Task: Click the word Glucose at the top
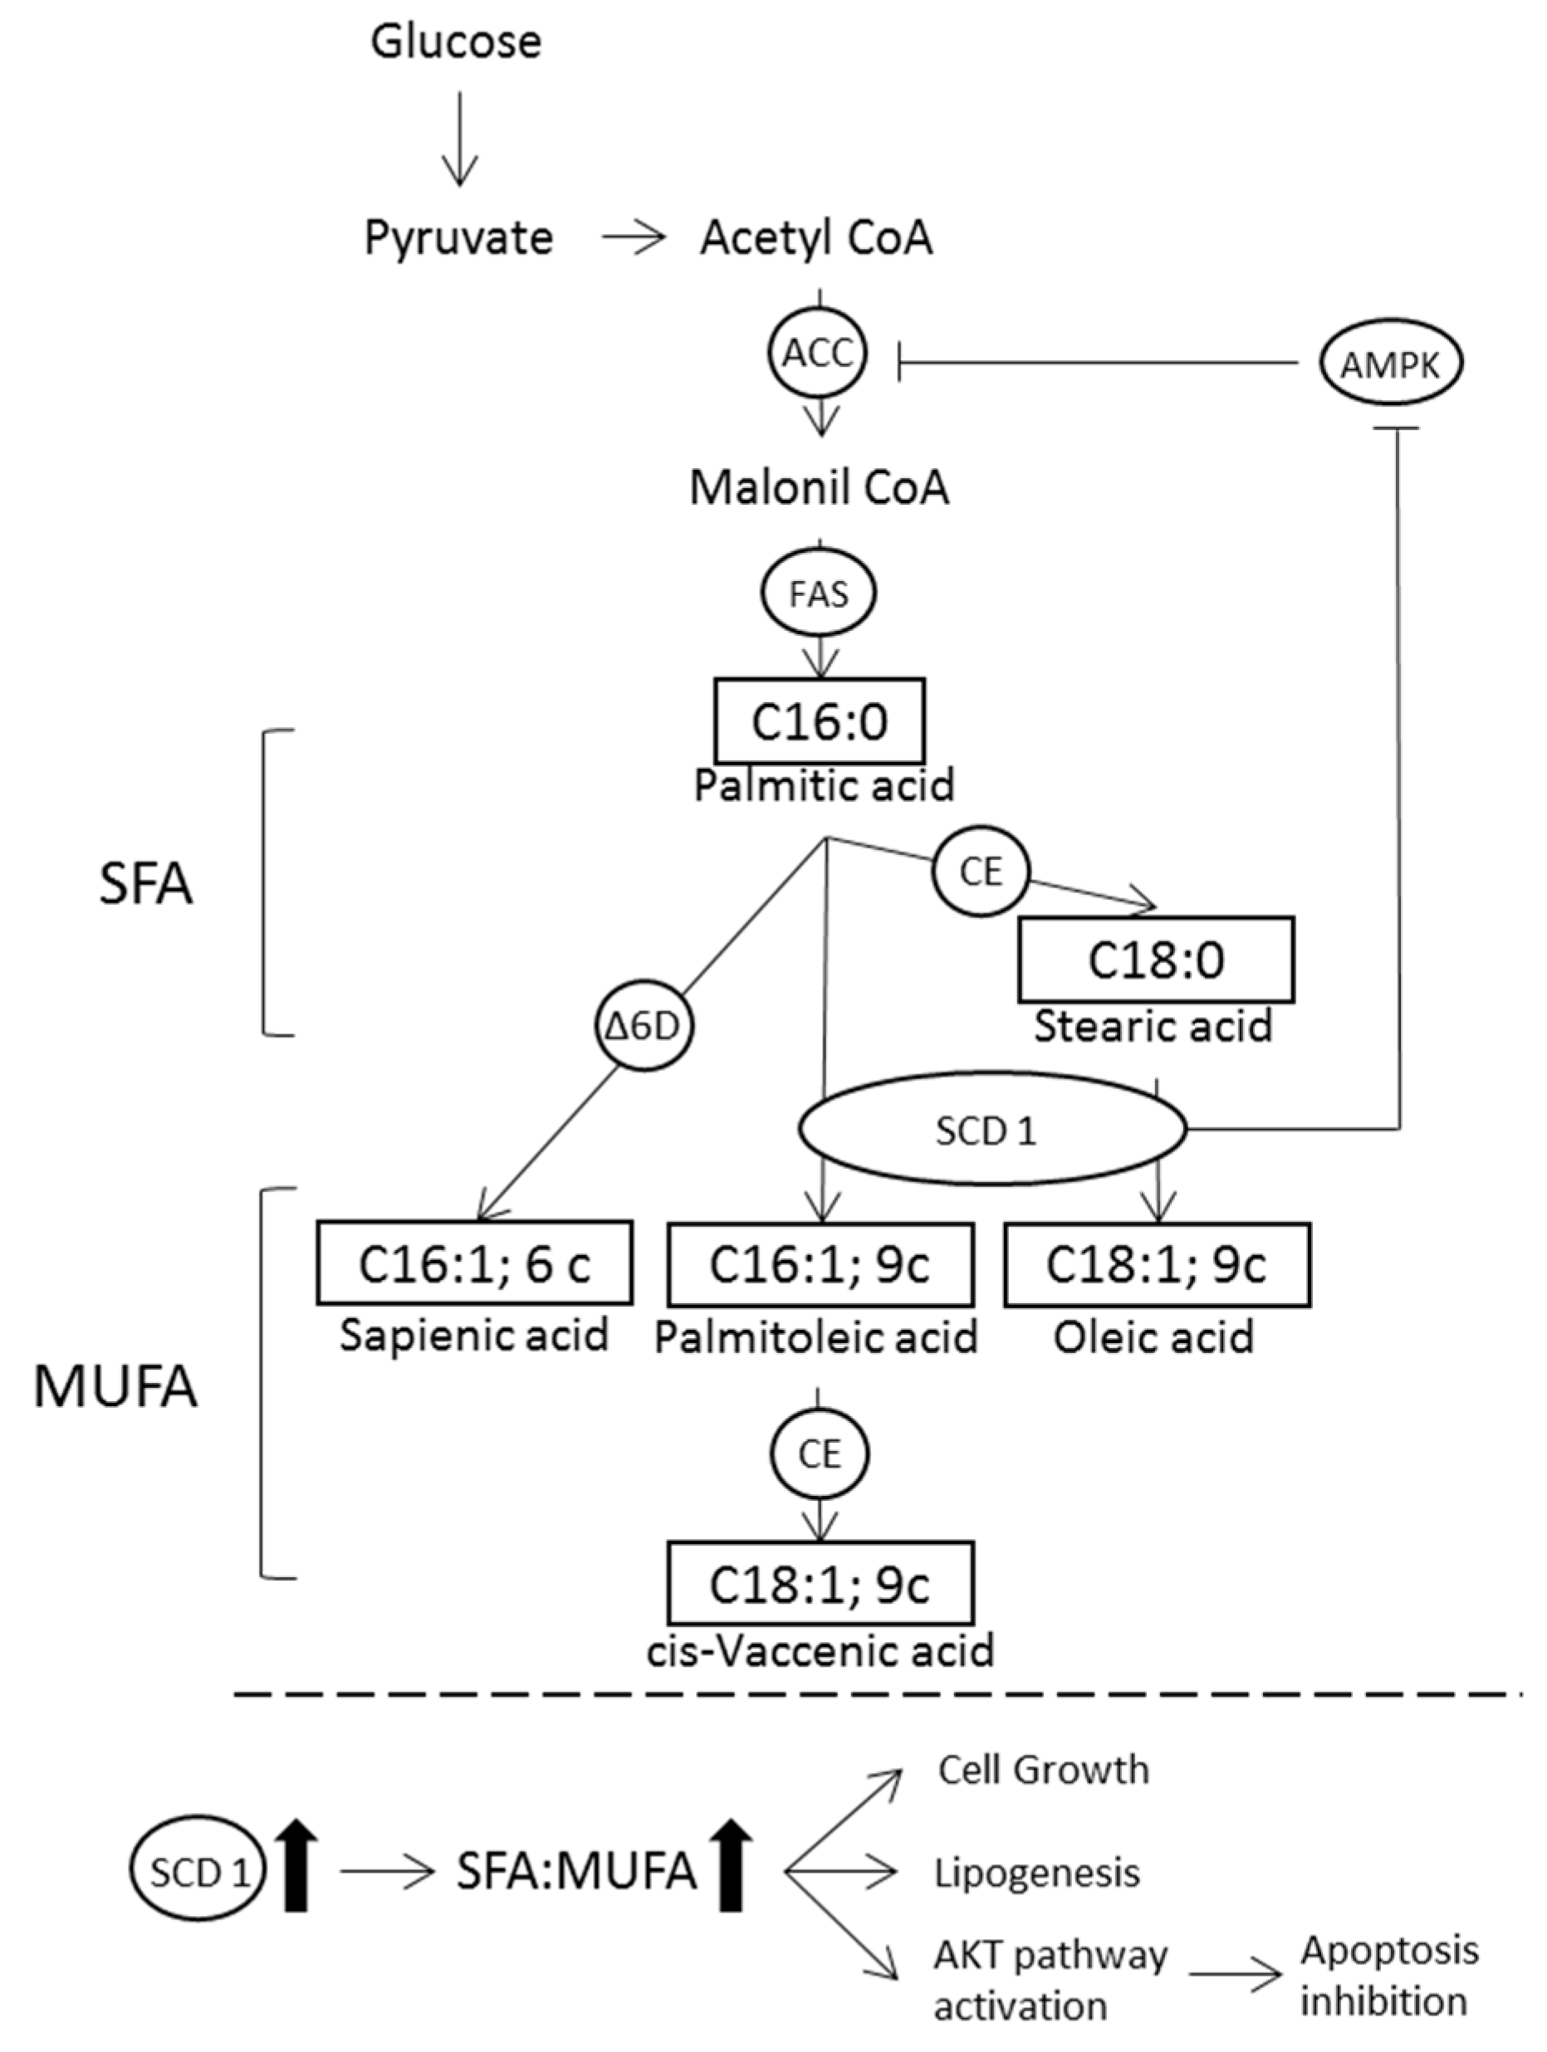click(x=456, y=42)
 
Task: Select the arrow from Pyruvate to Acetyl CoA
click(x=633, y=238)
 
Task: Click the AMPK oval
click(x=1389, y=364)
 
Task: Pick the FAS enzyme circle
click(x=819, y=594)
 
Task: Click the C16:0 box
click(x=820, y=721)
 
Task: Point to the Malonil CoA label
click(x=819, y=488)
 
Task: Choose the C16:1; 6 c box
click(x=474, y=1263)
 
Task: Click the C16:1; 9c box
click(x=820, y=1263)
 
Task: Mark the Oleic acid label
click(x=1153, y=1336)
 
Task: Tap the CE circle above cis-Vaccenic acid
click(x=820, y=1453)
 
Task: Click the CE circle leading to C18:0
click(x=981, y=871)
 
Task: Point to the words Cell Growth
click(x=1043, y=1770)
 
